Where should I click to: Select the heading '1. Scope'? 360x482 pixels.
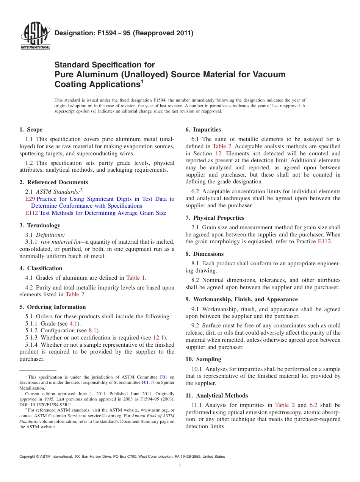pos(31,130)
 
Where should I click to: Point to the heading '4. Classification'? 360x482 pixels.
pos(41,268)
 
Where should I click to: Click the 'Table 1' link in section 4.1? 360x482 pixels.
pos(136,278)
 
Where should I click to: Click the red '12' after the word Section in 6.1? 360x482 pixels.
pos(218,153)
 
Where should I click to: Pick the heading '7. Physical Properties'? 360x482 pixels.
pos(215,218)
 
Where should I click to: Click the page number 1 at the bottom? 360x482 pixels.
pos(180,465)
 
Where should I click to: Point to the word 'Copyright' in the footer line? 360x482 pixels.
pos(28,457)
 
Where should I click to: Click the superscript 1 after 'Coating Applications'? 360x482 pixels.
pos(142,81)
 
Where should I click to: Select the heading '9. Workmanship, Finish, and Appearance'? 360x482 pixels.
pos(241,299)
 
